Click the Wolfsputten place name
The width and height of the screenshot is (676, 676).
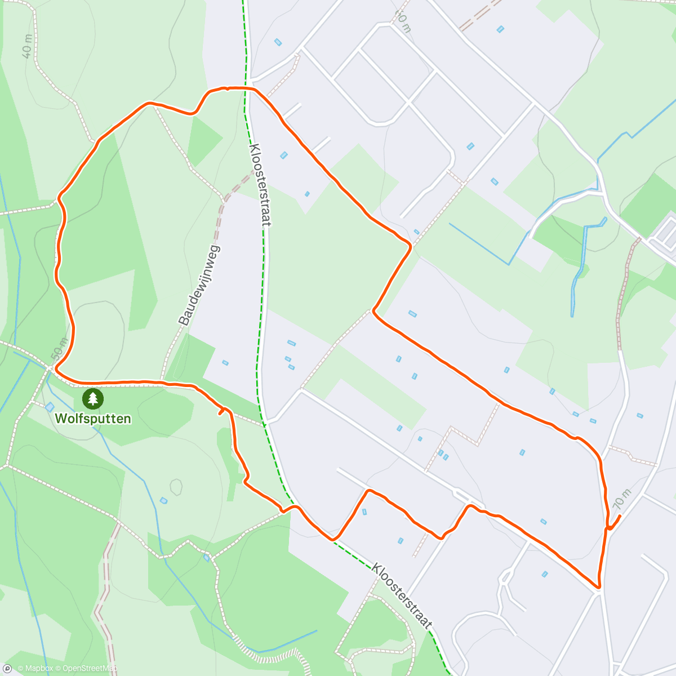pos(93,419)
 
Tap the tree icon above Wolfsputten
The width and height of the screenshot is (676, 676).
pos(93,399)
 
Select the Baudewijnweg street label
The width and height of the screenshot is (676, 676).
pos(200,285)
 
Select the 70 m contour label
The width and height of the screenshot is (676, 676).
pos(621,498)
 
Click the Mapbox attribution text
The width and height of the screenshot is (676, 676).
pos(35,669)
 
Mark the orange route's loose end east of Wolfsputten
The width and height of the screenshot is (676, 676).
pos(220,413)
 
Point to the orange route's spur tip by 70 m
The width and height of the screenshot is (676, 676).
pos(620,515)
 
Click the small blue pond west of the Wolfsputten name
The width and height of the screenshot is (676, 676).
pos(50,407)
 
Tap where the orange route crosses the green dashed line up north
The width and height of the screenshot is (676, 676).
pos(246,88)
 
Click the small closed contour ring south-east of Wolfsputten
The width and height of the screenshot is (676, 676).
pos(176,487)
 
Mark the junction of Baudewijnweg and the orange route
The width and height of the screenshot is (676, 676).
pos(162,382)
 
